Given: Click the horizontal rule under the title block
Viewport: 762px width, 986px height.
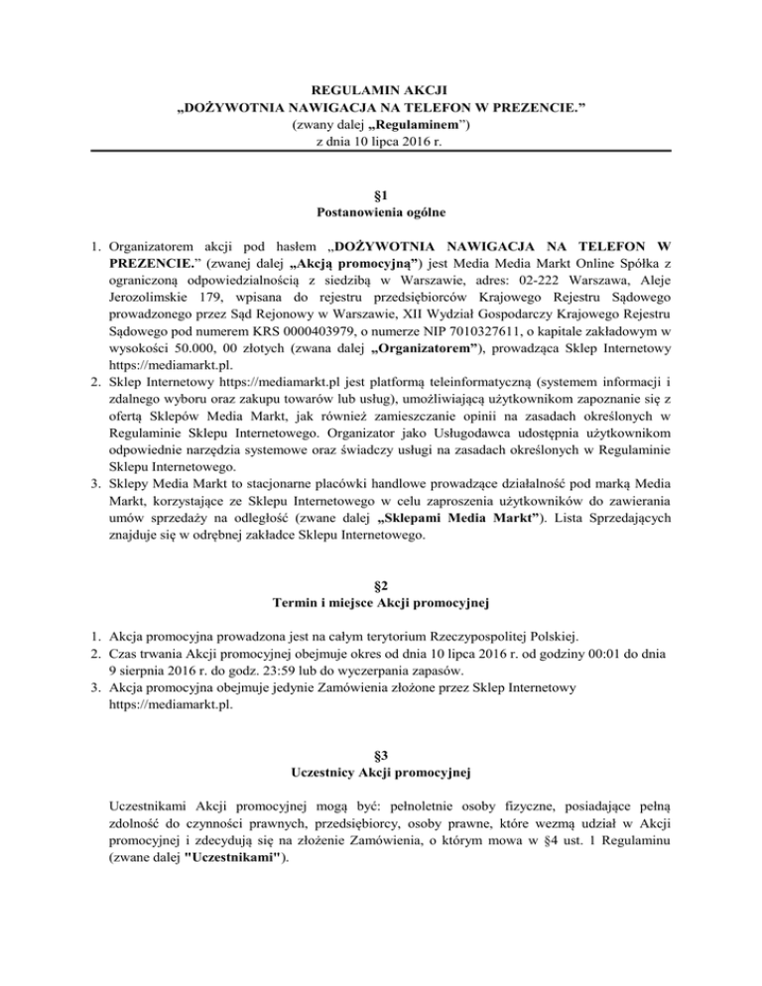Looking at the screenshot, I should (381, 152).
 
